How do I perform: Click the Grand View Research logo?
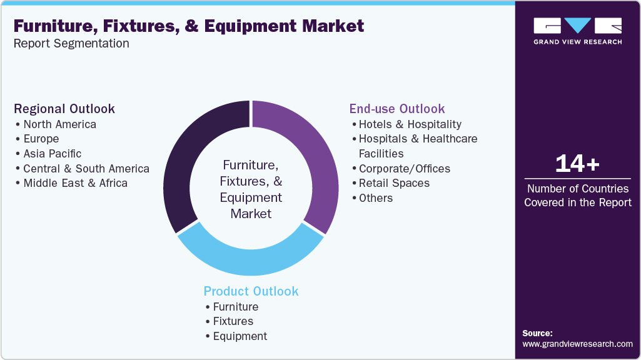(577, 31)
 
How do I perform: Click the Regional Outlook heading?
(64, 109)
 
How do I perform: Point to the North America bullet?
(59, 124)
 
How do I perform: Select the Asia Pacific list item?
(52, 154)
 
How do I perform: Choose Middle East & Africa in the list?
(75, 183)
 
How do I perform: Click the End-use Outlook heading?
(397, 109)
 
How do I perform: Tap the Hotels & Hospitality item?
(410, 124)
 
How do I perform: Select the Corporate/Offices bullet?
(404, 169)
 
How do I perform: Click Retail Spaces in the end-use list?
(394, 183)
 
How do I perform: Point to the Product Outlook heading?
(251, 291)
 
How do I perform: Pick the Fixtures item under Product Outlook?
(233, 321)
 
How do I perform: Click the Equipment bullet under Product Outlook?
(240, 336)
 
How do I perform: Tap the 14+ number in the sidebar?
(577, 164)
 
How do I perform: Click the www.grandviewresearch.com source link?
(577, 344)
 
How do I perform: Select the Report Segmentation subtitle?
(71, 44)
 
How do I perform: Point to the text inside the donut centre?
(251, 189)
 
